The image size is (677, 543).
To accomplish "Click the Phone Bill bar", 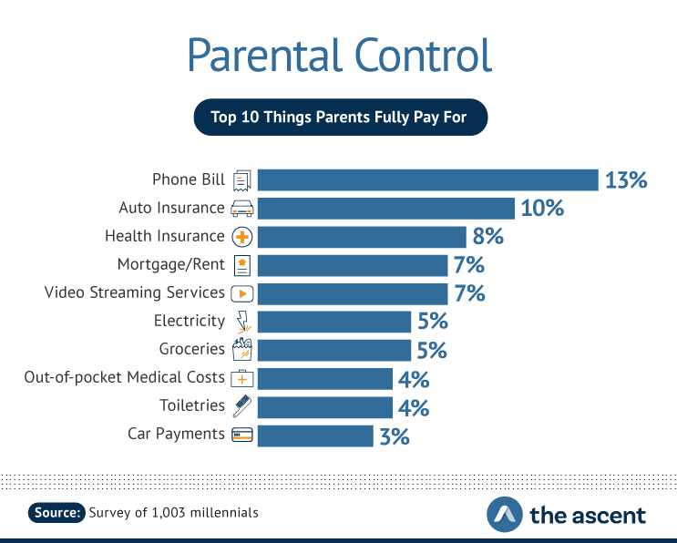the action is tap(428, 180).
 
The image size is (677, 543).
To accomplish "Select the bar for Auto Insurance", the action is tap(386, 209).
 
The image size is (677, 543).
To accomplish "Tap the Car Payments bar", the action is tap(315, 436).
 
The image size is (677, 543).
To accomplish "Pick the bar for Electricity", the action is tap(334, 322).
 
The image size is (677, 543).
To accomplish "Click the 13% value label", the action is tap(626, 180).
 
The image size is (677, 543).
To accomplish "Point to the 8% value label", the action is tap(487, 236).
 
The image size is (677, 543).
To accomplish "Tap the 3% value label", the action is tap(395, 436).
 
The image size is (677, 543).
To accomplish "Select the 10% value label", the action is tap(542, 208).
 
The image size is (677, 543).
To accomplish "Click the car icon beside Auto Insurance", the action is tap(242, 208).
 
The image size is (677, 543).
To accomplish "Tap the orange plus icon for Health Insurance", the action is tap(242, 237).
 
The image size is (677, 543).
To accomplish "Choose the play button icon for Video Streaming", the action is tap(242, 293).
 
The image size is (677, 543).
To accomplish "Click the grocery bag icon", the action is tap(242, 349).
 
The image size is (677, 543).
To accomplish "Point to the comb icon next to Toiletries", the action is tap(242, 406).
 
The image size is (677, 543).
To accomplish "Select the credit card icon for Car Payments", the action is tap(242, 435).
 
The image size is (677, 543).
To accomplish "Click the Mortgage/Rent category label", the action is tap(171, 264).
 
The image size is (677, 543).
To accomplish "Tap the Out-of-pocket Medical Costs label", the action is tap(124, 377).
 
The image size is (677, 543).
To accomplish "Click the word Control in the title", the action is tap(423, 55).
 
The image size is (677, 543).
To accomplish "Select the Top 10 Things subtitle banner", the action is tap(341, 117).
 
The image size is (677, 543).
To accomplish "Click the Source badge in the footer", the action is tap(56, 512).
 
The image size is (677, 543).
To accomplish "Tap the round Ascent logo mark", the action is tap(505, 514).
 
